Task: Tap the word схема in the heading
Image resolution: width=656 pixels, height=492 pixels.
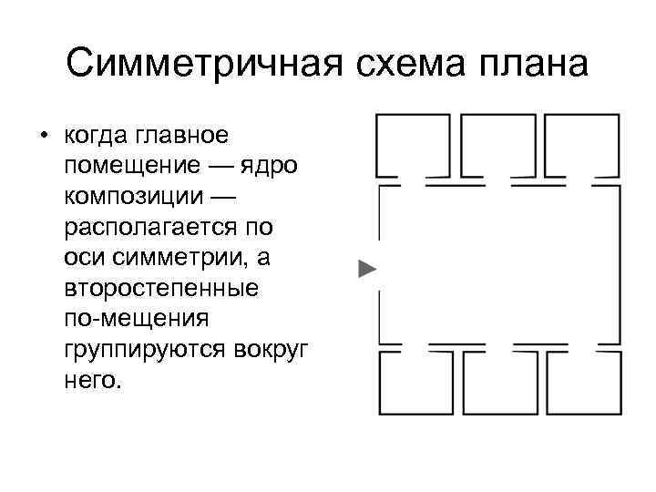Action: tap(400, 65)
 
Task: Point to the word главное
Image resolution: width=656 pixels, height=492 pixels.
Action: tap(182, 138)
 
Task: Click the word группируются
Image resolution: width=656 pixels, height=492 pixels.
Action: tap(138, 348)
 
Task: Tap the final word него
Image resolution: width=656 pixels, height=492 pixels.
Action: tap(92, 378)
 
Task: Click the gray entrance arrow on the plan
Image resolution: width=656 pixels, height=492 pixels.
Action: tap(366, 269)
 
